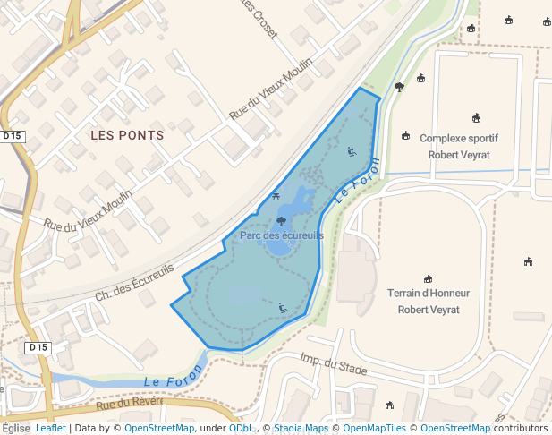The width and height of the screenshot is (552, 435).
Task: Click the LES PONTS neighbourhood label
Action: [127, 135]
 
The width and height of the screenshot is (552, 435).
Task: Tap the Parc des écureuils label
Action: [282, 235]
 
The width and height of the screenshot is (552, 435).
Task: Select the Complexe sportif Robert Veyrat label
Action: [458, 146]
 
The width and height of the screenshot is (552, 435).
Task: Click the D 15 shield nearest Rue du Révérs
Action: [38, 347]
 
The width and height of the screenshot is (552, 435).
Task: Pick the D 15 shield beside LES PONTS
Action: [13, 136]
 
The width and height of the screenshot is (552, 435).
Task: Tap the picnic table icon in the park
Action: [276, 196]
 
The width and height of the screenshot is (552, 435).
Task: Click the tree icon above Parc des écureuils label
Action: [282, 220]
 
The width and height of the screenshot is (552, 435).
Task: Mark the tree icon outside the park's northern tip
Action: [399, 87]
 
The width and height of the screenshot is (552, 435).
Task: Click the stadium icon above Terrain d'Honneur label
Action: [429, 278]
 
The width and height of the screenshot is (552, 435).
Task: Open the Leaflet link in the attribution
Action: [50, 428]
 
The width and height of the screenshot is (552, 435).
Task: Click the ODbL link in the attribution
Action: [242, 428]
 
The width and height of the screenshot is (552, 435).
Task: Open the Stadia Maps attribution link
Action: [301, 428]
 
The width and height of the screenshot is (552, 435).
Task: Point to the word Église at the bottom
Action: [15, 428]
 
